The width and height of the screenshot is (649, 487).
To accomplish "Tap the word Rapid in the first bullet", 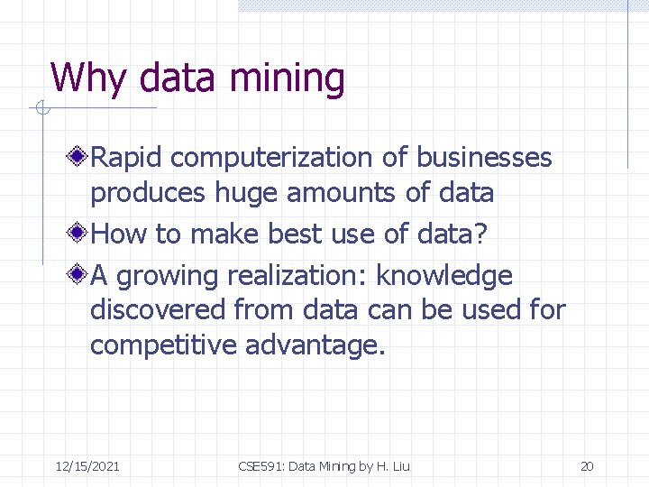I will pos(127,158).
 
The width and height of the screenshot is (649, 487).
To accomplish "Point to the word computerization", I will pos(272,158).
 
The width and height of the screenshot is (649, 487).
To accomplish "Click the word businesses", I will pos(483,158).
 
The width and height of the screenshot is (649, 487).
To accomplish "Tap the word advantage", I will pos(315,345).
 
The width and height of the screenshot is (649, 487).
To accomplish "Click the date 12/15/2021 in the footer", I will pos(87,466).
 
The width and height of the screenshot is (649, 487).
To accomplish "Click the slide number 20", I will pos(587,466).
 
